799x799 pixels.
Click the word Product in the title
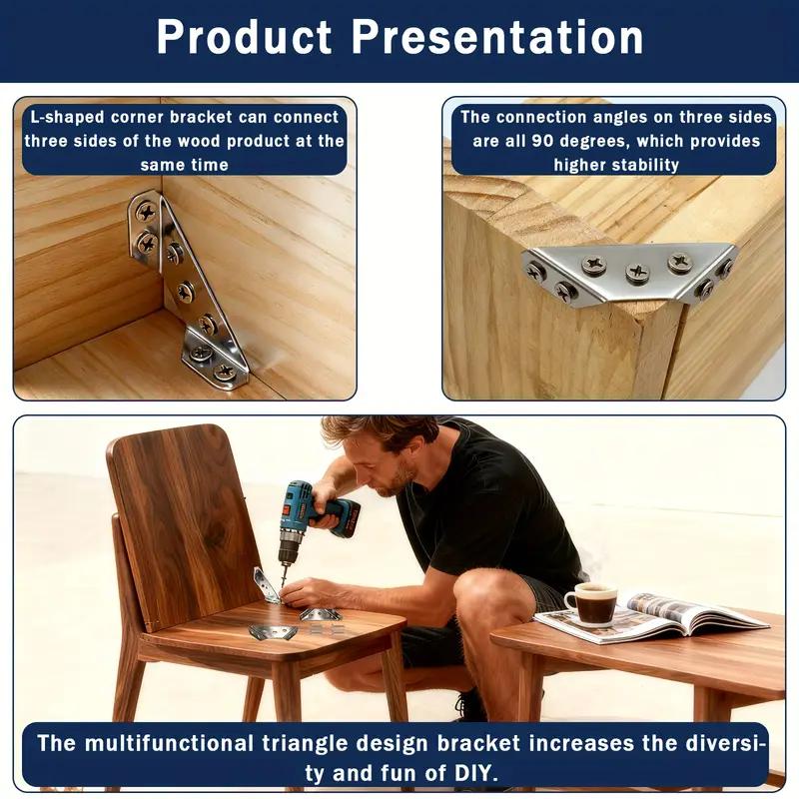pyautogui.click(x=245, y=38)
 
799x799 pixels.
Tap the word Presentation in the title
pyautogui.click(x=497, y=38)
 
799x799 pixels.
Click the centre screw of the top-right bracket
pyautogui.click(x=636, y=272)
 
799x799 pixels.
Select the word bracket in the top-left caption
pyautogui.click(x=211, y=117)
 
